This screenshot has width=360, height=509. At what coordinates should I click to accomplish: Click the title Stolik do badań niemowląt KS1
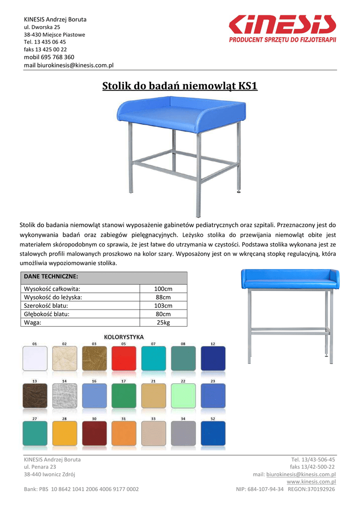[180, 86]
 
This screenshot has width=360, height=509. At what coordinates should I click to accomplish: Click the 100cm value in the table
[163, 289]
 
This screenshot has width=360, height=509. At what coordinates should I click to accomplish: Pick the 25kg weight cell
[163, 323]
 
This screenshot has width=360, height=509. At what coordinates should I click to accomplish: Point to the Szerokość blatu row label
[46, 306]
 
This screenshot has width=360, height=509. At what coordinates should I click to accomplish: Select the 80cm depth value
[163, 314]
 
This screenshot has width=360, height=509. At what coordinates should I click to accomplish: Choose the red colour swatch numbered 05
[124, 358]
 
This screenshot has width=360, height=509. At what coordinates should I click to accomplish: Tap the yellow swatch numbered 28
[65, 433]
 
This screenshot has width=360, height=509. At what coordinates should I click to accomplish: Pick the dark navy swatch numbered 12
[213, 358]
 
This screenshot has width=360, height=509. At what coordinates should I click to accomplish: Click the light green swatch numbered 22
[183, 396]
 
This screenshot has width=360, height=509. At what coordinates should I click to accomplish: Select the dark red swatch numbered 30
[94, 433]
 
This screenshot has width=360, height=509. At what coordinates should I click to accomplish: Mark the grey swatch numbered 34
[183, 433]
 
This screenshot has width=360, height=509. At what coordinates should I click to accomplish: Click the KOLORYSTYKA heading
[124, 337]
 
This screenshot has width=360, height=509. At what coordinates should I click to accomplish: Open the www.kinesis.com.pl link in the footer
[311, 482]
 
